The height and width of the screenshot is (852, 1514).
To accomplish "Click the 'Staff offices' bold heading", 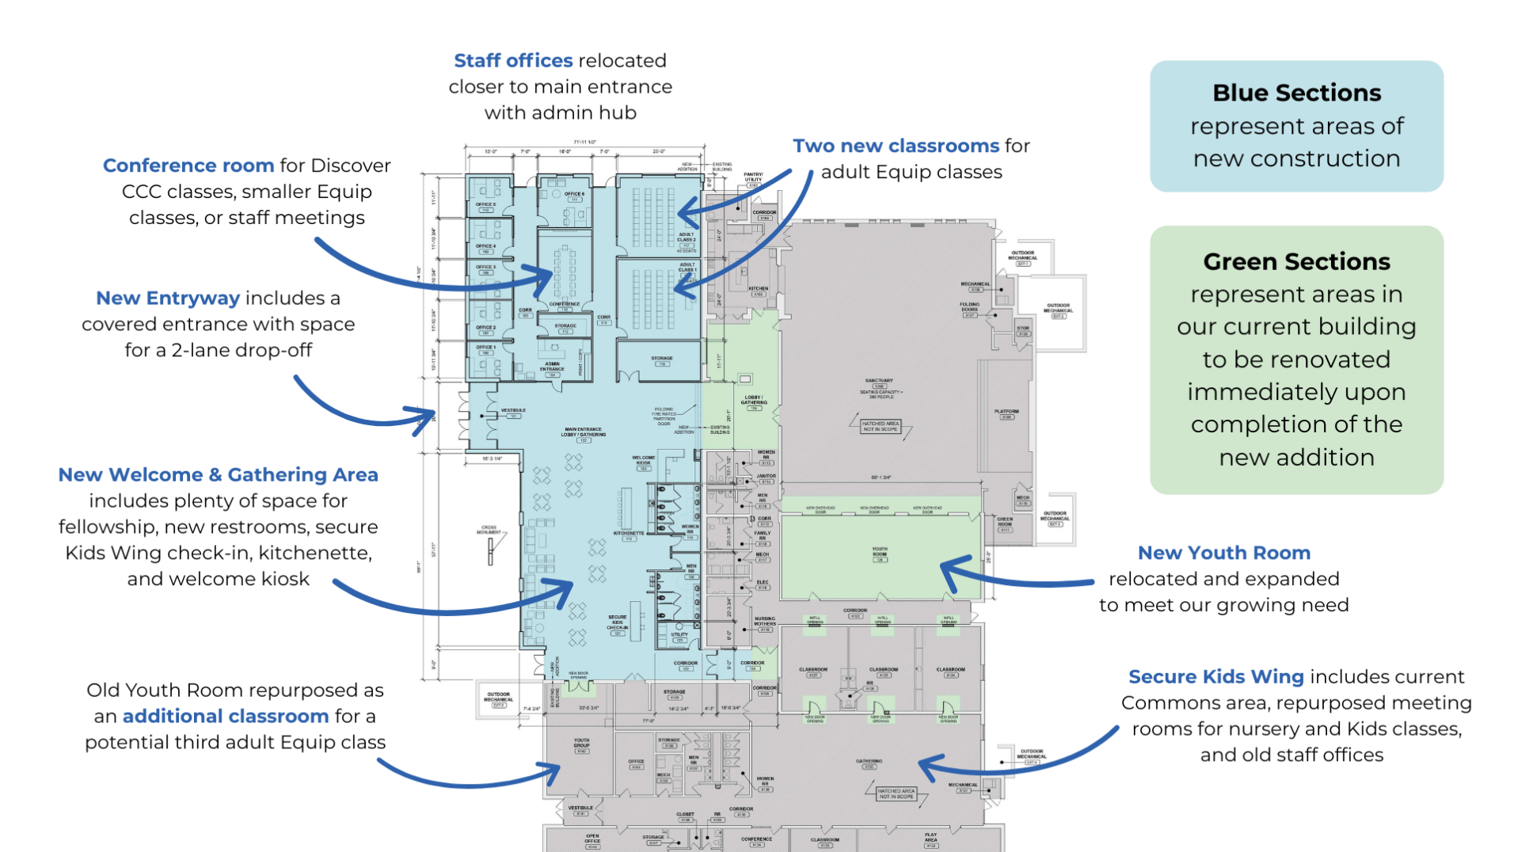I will tap(512, 61).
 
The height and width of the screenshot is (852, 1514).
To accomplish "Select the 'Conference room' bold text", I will tap(188, 165).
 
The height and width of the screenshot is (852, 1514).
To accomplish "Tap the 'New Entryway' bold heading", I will tap(167, 298).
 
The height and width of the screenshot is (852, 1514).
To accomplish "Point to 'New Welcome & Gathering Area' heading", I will tap(218, 474).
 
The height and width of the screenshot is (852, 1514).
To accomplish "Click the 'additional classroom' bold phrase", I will tap(225, 716).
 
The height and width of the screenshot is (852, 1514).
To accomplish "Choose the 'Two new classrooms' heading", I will tap(896, 146).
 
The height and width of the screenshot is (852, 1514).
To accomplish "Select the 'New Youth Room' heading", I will tap(1223, 553).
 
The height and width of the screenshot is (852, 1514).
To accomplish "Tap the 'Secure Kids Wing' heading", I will tap(1215, 676).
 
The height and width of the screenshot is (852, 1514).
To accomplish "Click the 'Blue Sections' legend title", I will tap(1296, 93).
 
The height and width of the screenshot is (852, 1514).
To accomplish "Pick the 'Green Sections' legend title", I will tap(1296, 261).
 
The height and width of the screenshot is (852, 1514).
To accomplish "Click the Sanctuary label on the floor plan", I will tap(879, 382).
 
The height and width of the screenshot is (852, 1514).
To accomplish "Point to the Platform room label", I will tap(1006, 412).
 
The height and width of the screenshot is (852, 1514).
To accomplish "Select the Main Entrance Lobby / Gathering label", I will tap(584, 432).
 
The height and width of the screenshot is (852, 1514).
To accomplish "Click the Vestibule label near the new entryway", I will tap(513, 411).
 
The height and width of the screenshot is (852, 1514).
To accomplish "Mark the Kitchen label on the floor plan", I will tap(758, 289).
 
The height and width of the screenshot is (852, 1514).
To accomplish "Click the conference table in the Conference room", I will tap(565, 272).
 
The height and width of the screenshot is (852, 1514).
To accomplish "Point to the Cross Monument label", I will tap(489, 529).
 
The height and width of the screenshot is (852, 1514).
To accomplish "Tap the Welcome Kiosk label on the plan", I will tap(643, 459).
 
